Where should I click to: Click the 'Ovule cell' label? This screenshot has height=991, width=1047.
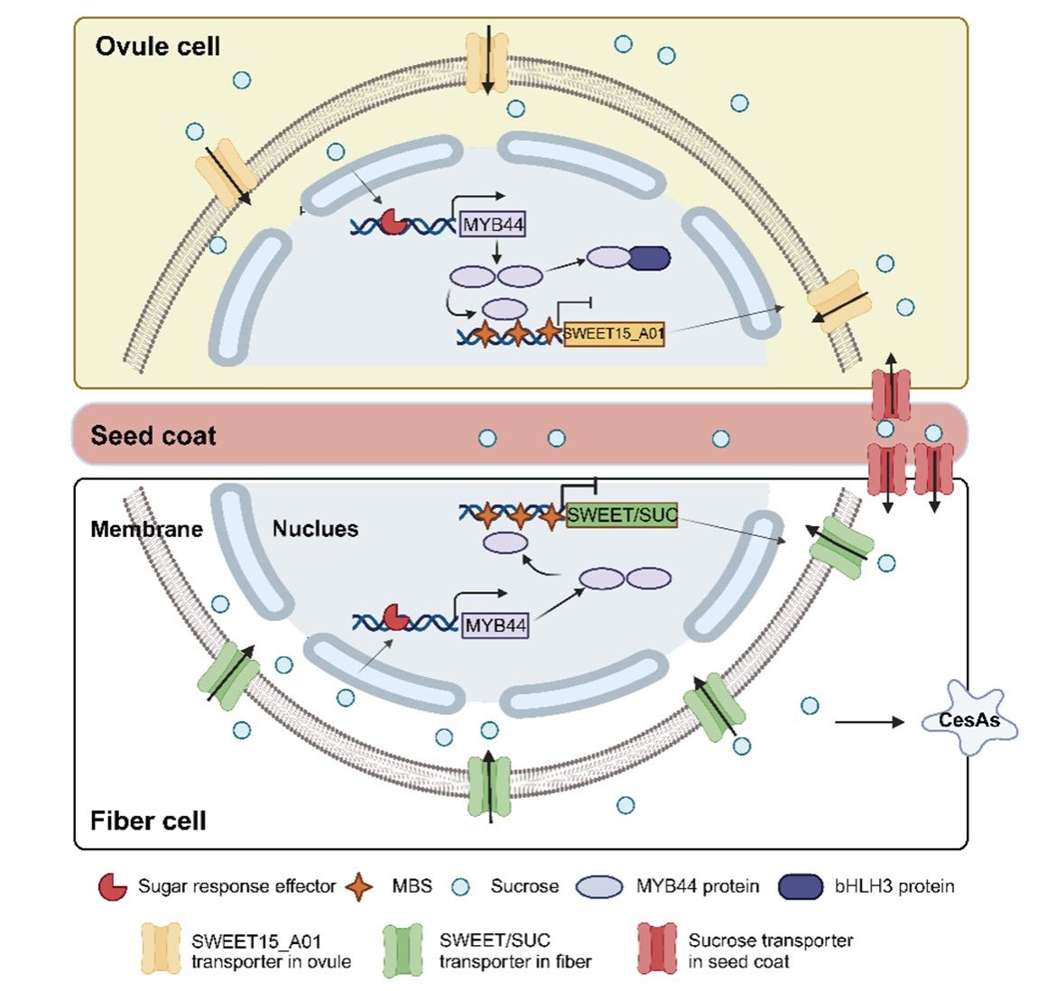(x=158, y=47)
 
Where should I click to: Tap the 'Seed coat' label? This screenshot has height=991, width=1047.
(x=153, y=436)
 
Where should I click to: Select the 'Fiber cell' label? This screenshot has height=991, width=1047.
(x=148, y=820)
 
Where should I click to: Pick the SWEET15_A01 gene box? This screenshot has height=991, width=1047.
(x=614, y=334)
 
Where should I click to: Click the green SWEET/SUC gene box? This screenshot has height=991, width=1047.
(x=622, y=514)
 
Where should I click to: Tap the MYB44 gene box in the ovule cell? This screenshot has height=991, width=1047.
(x=493, y=224)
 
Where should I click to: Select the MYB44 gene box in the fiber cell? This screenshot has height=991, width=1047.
(x=496, y=625)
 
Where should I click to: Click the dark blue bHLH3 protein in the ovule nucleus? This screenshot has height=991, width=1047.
(x=649, y=258)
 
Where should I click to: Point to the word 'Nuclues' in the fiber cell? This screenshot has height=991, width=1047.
(x=315, y=529)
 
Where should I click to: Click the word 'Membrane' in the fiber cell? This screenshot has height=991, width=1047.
(x=146, y=529)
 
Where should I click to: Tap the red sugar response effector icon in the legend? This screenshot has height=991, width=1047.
(x=112, y=886)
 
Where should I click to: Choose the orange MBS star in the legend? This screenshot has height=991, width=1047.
(x=359, y=886)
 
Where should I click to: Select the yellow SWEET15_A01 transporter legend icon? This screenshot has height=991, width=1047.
(x=161, y=950)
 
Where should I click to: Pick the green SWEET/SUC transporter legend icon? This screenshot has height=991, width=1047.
(x=403, y=950)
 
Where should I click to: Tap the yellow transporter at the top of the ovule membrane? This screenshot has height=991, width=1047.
(x=487, y=61)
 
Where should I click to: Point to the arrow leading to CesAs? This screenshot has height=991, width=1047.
(x=868, y=722)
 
